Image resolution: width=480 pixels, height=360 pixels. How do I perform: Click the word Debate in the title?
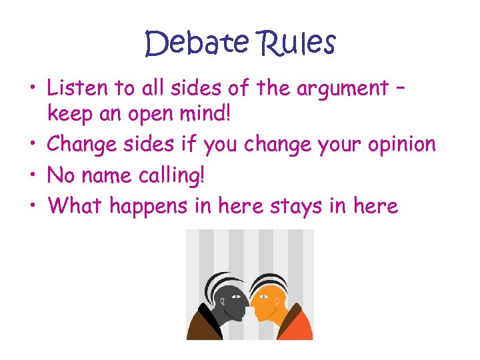[196, 44]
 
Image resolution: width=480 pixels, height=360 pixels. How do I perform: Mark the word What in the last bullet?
[75, 205]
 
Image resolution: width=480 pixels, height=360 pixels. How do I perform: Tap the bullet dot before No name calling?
[33, 175]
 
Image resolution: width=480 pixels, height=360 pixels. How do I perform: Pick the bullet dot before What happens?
[33, 205]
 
